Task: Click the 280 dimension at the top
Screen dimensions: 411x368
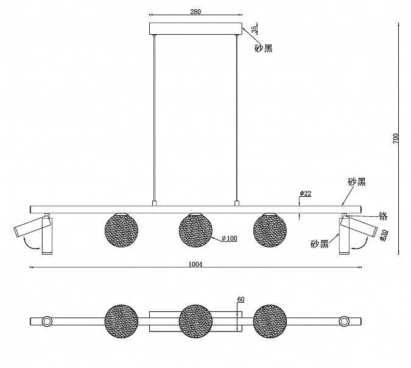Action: (x=195, y=12)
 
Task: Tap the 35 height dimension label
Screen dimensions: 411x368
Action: (x=255, y=29)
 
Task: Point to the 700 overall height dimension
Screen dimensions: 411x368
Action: (x=396, y=138)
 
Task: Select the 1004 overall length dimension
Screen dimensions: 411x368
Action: (x=195, y=264)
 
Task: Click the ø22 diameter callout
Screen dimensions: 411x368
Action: (x=306, y=194)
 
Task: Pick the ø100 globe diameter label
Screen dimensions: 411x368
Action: (x=230, y=238)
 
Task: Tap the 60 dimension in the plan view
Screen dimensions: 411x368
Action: (x=241, y=299)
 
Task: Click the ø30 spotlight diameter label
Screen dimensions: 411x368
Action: (x=382, y=235)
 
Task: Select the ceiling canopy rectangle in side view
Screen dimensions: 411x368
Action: (x=196, y=29)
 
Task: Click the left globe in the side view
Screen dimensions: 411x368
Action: (x=121, y=230)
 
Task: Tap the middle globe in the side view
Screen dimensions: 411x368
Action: (x=196, y=230)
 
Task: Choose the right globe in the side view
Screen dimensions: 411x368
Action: (x=270, y=230)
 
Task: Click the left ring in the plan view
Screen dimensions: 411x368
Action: (x=47, y=321)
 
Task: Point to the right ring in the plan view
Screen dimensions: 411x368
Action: (x=344, y=321)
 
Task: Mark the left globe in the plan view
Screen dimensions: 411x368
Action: (x=121, y=321)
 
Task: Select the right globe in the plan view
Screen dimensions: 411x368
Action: (x=270, y=321)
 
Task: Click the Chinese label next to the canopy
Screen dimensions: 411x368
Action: (x=264, y=48)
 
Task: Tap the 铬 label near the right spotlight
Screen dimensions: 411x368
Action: (x=383, y=216)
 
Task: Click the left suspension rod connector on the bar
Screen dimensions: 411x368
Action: (x=155, y=203)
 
